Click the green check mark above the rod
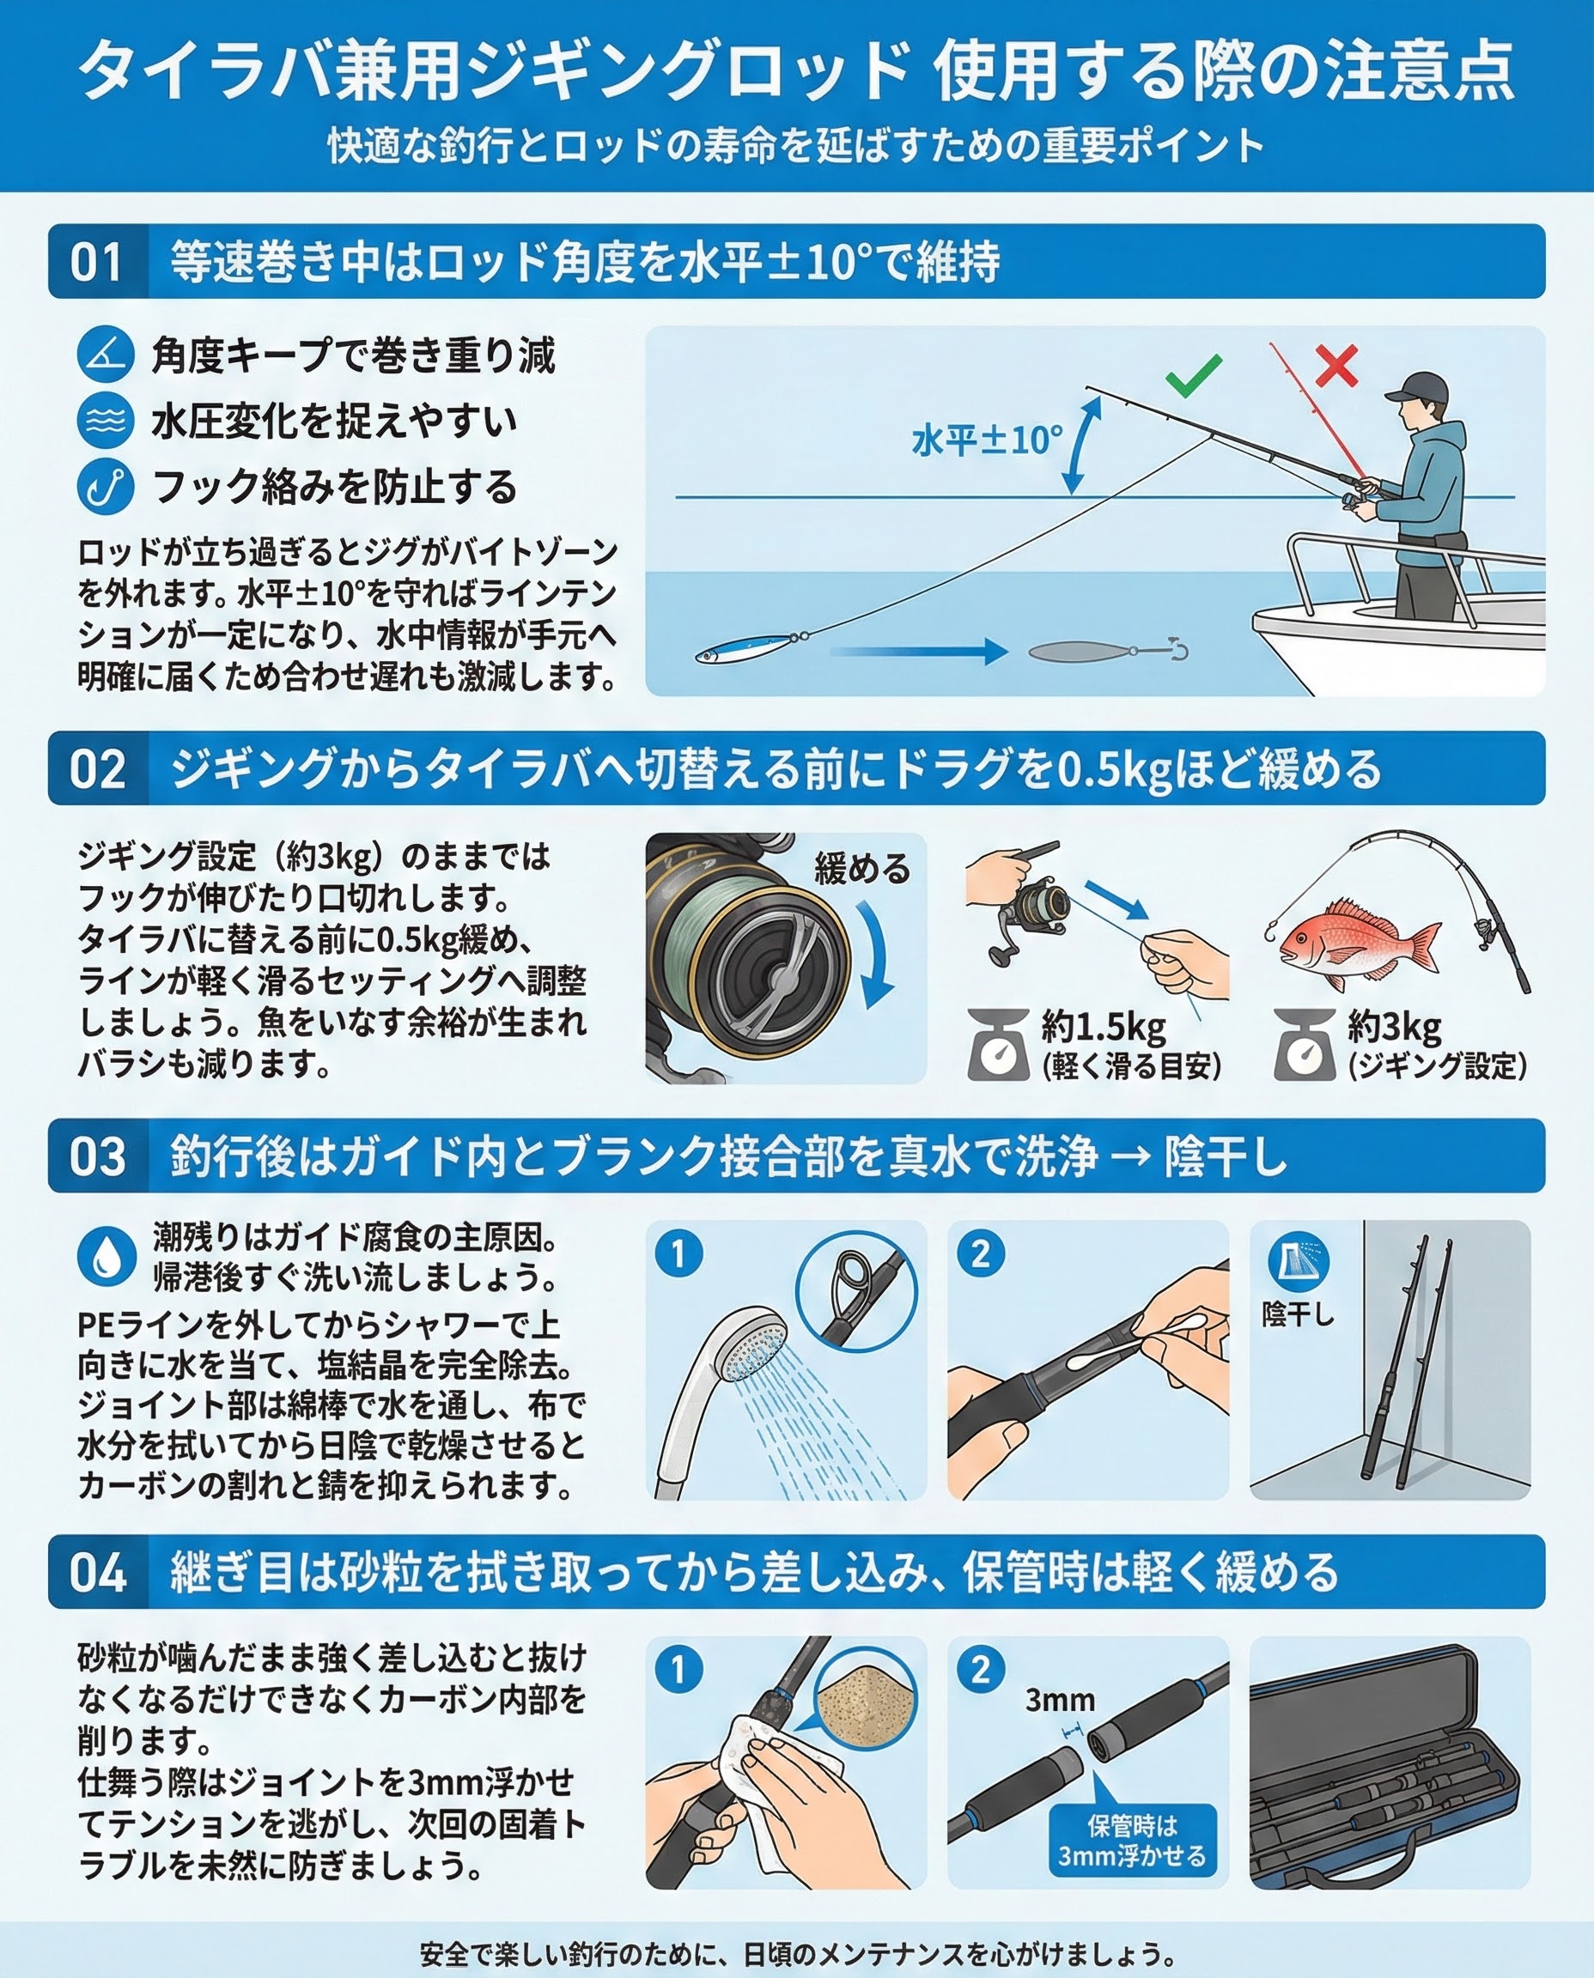1194,375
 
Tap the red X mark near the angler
1337,367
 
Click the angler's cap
1421,387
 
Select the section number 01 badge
97,262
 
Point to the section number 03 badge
97,1156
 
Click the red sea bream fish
1359,943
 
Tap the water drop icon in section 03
106,1258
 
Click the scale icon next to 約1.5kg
998,1045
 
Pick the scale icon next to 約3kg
1304,1045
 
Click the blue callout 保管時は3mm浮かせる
1132,1841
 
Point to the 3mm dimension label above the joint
1061,1700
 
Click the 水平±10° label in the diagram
987,440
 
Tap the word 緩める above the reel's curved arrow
862,867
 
